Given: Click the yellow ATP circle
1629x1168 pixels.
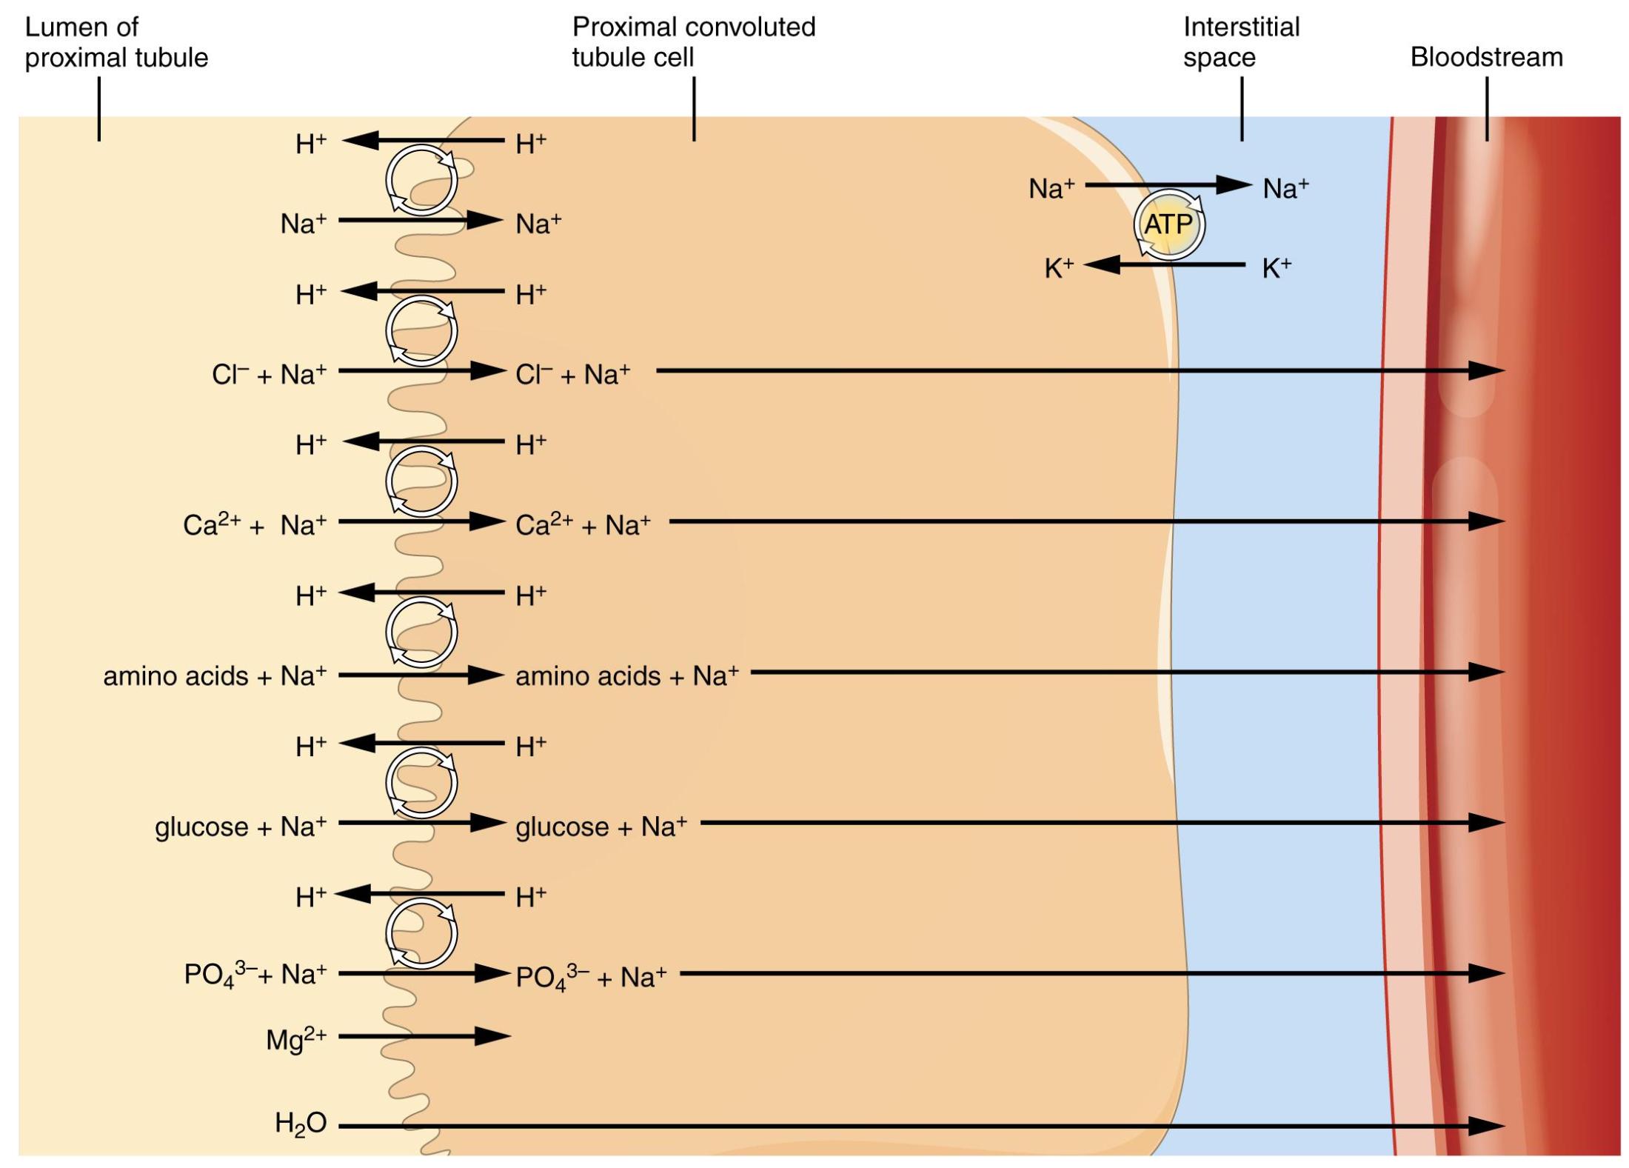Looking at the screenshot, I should (x=1169, y=224).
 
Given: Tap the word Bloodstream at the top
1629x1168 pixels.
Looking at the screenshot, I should (x=1486, y=57).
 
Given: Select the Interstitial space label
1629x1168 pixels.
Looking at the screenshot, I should (x=1240, y=42).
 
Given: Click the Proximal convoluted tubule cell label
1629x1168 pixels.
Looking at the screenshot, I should (x=693, y=42).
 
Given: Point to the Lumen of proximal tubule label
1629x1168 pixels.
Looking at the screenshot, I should (x=116, y=42).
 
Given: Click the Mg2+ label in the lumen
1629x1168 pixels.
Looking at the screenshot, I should (x=296, y=1038).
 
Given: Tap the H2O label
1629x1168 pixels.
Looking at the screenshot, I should (x=301, y=1124).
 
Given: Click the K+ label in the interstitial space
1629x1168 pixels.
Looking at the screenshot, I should (x=1277, y=267).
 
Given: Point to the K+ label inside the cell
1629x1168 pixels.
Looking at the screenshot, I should (x=1059, y=267).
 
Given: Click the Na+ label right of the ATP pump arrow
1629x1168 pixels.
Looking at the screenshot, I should (x=1285, y=188).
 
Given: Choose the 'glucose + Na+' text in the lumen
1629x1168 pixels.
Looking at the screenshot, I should (x=241, y=827).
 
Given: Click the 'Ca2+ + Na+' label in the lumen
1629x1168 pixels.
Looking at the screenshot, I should (x=255, y=524).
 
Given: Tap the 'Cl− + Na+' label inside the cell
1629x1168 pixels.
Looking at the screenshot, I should (x=572, y=374).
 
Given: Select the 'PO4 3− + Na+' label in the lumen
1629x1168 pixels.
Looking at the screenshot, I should (x=255, y=974).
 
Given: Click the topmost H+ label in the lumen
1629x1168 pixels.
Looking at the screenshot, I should (x=311, y=144).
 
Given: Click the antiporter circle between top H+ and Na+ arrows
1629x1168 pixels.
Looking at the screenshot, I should (x=421, y=180).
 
